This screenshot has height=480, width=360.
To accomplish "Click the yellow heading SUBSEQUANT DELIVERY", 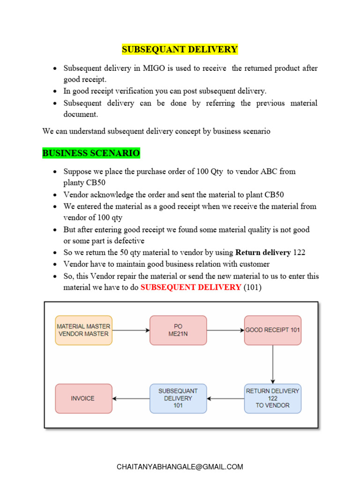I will tap(180, 49).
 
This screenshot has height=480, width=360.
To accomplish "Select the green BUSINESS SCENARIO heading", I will tap(91, 153).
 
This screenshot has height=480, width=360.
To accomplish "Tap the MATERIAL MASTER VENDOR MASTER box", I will tap(84, 330).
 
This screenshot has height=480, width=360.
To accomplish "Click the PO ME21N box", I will tap(178, 330).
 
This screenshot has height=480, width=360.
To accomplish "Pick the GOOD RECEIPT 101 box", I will tap(273, 330).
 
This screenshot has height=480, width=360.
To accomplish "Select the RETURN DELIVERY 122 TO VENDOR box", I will tap(273, 398).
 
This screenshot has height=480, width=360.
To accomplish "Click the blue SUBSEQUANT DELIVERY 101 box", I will tap(178, 398).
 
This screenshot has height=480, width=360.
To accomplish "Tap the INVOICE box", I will tap(84, 398).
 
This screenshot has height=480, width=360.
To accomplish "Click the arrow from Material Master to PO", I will tap(131, 330).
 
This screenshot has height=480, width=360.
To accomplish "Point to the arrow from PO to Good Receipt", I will tap(225, 330).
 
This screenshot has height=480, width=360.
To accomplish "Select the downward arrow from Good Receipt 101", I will tap(273, 364).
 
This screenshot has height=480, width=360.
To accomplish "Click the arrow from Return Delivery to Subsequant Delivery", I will tap(225, 398).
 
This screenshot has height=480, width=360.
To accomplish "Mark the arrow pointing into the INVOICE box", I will tap(131, 398).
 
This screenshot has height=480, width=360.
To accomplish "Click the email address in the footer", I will tap(180, 467).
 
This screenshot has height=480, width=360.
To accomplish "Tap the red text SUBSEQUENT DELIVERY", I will tap(191, 287).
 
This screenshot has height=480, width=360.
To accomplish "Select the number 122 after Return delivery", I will tap(299, 253).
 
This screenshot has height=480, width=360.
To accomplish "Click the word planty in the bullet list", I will tap(75, 183).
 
